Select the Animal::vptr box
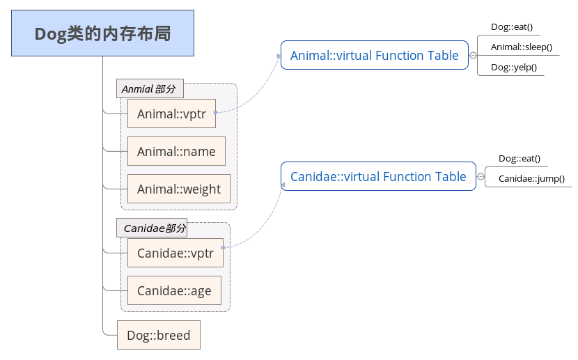point(171,114)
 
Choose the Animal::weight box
point(178,189)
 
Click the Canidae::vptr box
point(175,253)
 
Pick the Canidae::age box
point(174,290)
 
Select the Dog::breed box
point(158,335)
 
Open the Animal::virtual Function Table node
point(374,56)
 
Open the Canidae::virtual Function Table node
point(377,177)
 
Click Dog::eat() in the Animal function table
point(511,27)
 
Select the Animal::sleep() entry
point(521,47)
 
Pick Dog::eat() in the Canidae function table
point(519,159)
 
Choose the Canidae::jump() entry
point(531,179)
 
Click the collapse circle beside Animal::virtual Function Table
point(473,56)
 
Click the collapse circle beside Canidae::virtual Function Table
point(481,177)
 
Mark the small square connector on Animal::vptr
point(215,111)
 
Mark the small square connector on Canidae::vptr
point(223,247)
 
